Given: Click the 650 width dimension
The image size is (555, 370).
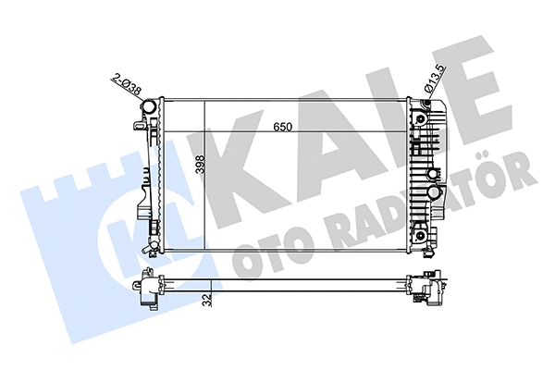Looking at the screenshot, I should pos(283,129).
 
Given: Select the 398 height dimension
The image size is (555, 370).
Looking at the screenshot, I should pos(197,167).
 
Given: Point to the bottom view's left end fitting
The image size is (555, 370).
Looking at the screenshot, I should pos(148,288).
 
